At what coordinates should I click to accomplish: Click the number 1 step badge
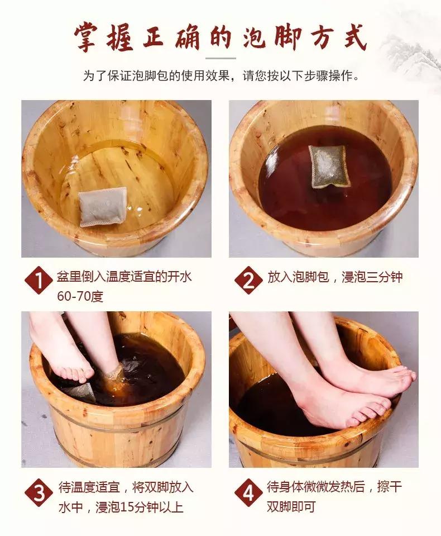39,281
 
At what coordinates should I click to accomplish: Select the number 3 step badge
39,493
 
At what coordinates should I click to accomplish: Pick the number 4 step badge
247,493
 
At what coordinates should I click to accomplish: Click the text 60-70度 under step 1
80,296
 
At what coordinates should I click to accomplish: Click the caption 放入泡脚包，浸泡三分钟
335,277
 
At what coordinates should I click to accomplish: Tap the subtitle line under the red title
220,75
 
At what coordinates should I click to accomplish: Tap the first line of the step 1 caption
124,277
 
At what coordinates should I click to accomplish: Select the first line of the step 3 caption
126,487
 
